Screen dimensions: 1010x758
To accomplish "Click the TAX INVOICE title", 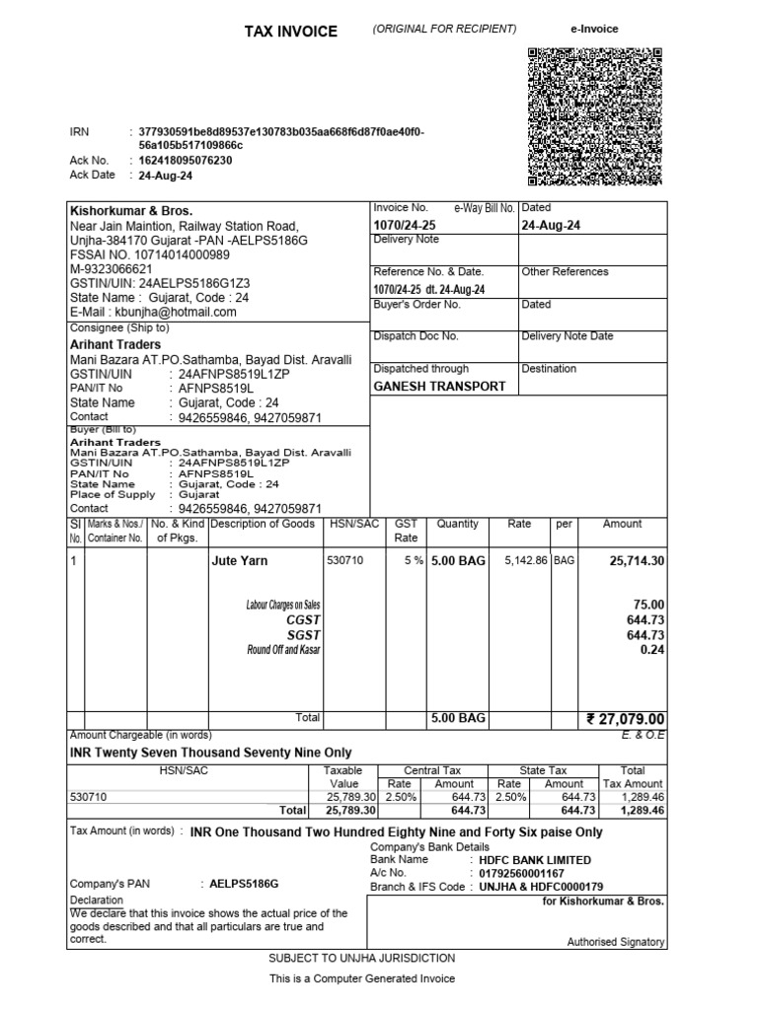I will tap(290, 32).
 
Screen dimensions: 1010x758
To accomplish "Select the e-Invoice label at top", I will tap(594, 30).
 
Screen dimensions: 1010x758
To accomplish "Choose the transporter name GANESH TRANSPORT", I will tap(439, 387).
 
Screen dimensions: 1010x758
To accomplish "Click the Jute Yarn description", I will tap(240, 561).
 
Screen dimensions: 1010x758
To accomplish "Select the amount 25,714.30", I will tap(637, 561).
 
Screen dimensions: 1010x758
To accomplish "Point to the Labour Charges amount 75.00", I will tap(650, 605).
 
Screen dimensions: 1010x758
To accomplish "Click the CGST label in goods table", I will tap(303, 619).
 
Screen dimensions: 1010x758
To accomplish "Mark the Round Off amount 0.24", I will tap(652, 650).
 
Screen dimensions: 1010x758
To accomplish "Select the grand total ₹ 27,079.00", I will tap(625, 719).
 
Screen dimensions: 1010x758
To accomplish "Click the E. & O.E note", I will tap(643, 736).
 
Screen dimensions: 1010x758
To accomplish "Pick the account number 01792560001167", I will tap(521, 873).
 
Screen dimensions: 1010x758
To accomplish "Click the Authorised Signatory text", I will tap(615, 943).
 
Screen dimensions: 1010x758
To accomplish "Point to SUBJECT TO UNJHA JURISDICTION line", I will tap(362, 959).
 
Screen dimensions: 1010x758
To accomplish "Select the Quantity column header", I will tap(457, 525).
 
